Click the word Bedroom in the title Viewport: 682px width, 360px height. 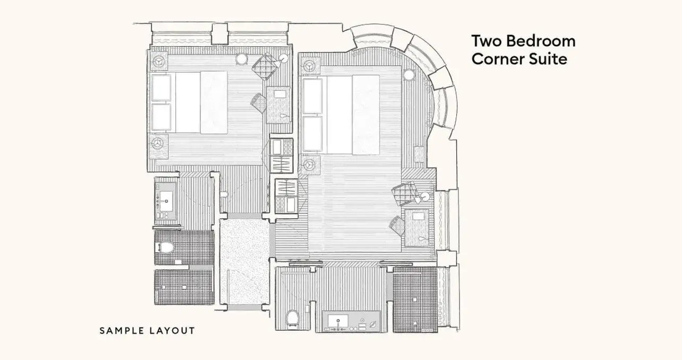pos(541,41)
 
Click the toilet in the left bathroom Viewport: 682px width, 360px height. pos(164,247)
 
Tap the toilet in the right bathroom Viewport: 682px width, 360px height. pos(293,318)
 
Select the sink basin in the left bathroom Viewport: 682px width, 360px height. pos(166,201)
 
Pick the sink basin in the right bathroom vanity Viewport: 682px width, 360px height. pos(338,320)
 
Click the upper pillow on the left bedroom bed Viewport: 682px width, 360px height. pos(161,88)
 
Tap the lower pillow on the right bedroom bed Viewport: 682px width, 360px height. pos(312,134)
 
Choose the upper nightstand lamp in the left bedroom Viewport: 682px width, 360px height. pos(159,62)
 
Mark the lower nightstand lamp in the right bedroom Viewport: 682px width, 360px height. pos(310,165)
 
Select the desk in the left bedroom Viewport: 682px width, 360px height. pos(278,105)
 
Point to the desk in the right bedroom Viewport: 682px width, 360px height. pos(417,227)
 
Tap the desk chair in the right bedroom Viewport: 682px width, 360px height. pos(397,226)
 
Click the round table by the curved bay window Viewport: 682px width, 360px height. pos(409,74)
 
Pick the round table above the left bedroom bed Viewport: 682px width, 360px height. pos(242,59)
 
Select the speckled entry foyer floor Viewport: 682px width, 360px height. pos(244,261)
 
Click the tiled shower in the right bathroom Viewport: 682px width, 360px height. pos(415,299)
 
